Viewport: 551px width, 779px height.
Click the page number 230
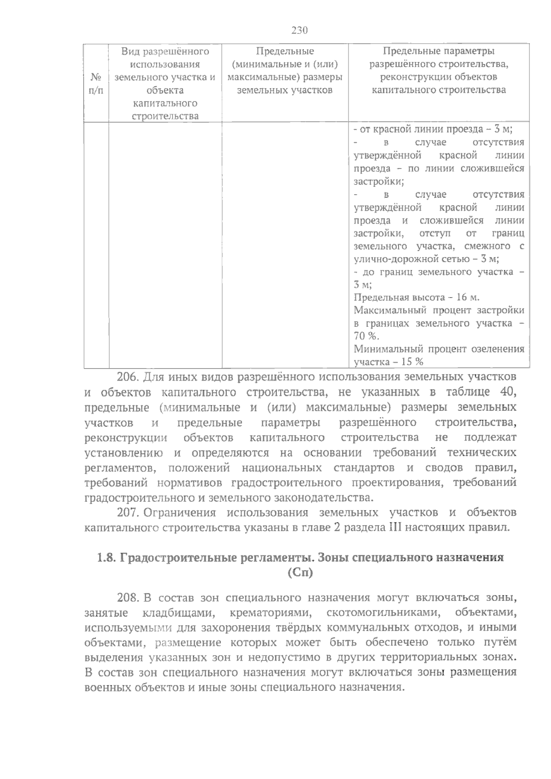299,31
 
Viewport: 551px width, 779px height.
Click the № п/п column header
96,83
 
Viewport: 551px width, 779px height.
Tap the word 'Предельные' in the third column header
285,51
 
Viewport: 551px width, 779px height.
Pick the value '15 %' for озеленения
412,362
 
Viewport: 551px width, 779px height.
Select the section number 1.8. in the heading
106,558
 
